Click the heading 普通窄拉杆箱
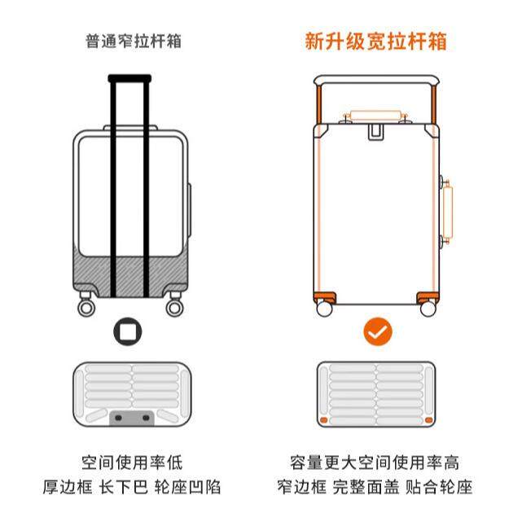tap(133, 41)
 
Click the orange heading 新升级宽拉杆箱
tap(375, 41)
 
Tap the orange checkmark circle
tap(377, 332)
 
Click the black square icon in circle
tap(129, 332)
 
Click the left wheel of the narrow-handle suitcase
tap(86, 308)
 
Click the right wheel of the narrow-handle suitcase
tap(174, 308)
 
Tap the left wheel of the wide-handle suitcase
tap(324, 309)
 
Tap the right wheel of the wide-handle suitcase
tap(428, 309)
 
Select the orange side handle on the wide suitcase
tap(447, 212)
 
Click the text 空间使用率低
tap(132, 464)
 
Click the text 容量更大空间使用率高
tap(375, 464)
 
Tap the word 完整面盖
tap(375, 488)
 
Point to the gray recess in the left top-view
tap(130, 417)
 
